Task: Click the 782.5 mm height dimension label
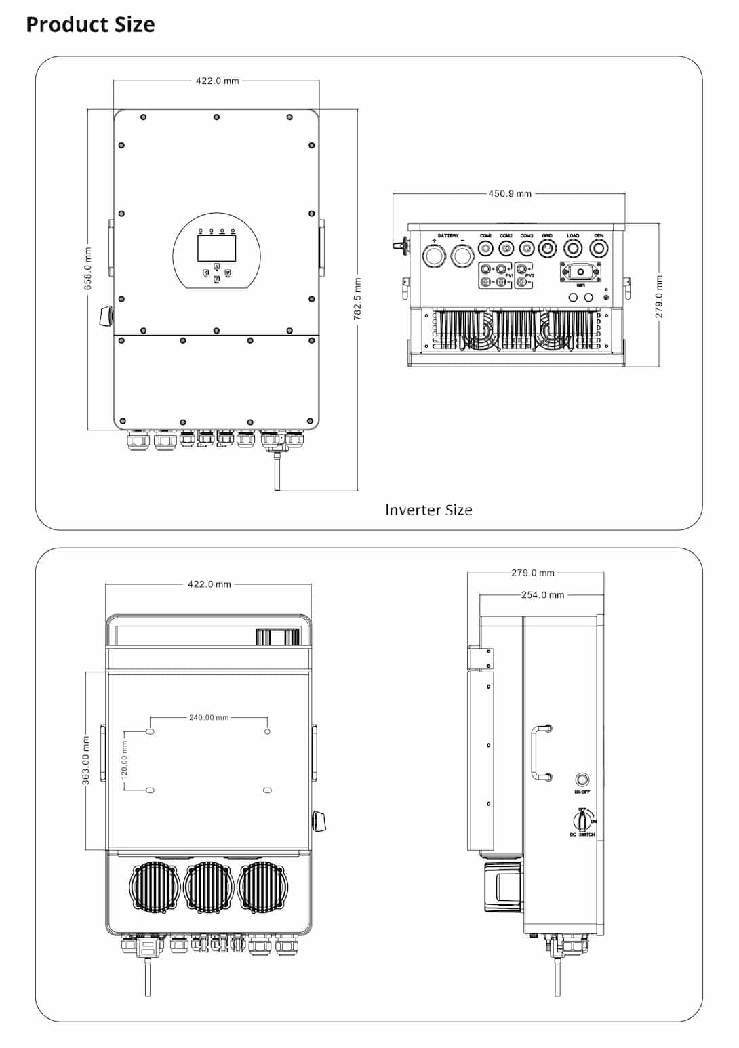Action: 358,299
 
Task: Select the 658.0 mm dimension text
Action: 88,269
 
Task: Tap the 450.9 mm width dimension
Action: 510,193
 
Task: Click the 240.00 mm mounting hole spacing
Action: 209,717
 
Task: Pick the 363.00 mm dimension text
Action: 86,761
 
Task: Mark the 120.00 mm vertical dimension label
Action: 124,760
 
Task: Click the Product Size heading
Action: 90,24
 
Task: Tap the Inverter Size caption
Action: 428,510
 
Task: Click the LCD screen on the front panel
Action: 216,248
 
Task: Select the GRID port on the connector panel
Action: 547,249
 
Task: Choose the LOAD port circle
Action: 573,249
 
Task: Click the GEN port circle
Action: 599,249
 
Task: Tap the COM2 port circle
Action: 506,249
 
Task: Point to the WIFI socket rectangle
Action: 580,272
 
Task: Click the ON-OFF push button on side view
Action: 582,780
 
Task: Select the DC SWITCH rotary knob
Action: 581,821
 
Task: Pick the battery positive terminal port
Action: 433,256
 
